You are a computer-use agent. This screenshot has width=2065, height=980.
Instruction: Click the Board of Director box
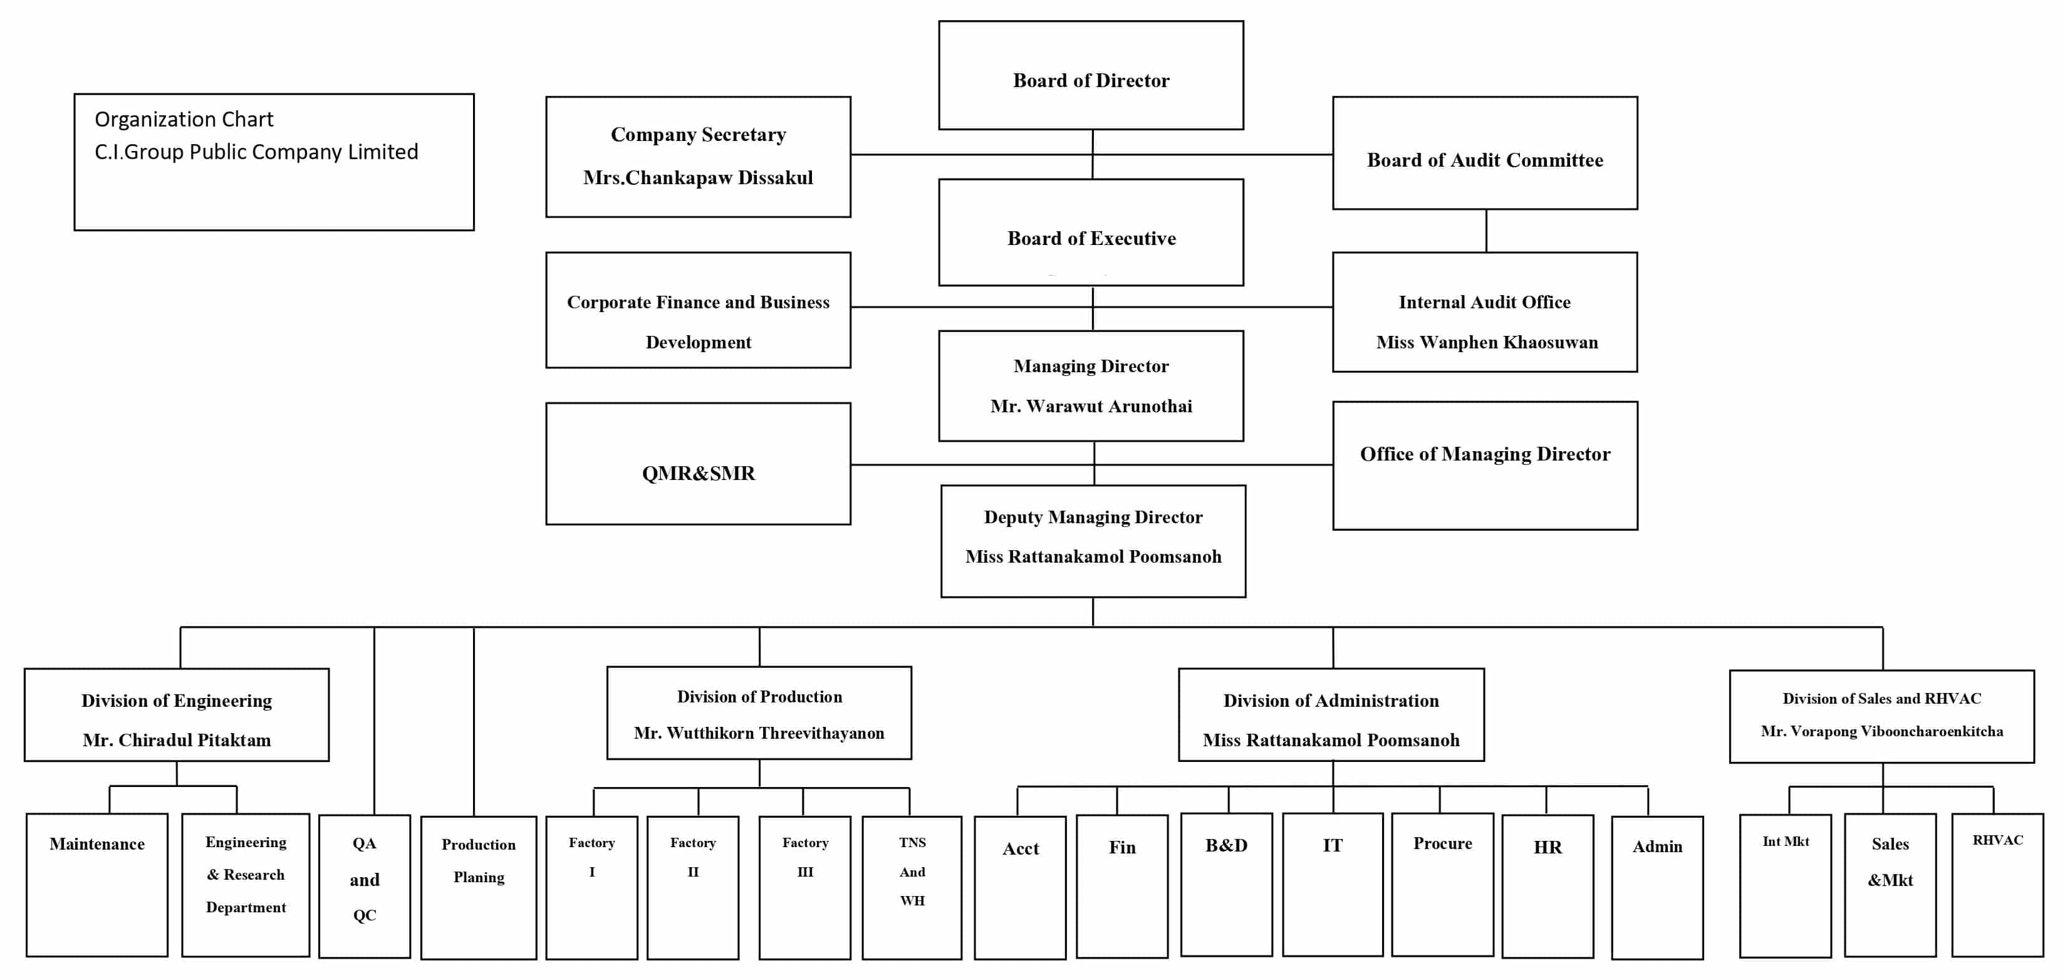point(1091,75)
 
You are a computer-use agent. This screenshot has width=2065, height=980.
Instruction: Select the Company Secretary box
point(698,157)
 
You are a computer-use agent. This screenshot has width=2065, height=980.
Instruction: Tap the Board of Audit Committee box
point(1485,153)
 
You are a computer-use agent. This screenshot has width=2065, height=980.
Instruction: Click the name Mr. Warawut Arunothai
point(1091,407)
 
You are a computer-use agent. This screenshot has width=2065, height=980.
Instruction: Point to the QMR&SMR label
point(698,473)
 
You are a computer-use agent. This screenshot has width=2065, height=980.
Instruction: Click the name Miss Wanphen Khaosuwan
point(1487,343)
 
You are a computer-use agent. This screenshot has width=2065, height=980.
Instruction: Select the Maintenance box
point(97,885)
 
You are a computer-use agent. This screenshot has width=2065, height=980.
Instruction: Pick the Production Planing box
point(479,888)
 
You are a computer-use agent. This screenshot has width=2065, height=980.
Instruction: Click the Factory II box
point(692,888)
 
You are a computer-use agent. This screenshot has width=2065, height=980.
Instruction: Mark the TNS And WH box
point(912,888)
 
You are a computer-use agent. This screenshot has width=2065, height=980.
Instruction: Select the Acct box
point(1021,888)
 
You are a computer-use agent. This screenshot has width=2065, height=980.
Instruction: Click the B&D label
point(1227,845)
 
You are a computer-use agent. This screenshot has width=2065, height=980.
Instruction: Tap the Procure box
point(1443,885)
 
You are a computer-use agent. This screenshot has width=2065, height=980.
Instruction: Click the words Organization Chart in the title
point(184,120)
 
